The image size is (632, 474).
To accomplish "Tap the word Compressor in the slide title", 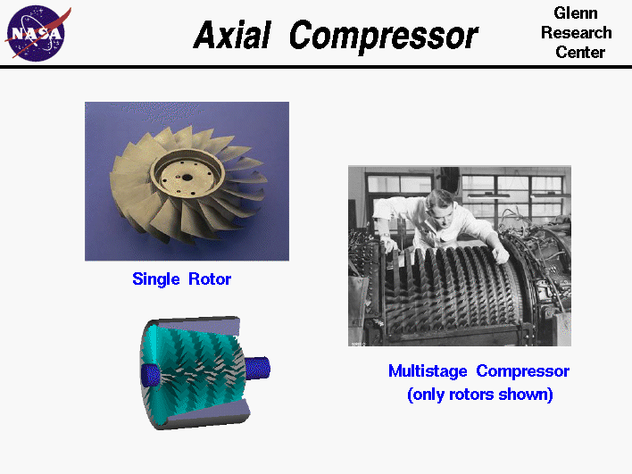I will pos(384,37).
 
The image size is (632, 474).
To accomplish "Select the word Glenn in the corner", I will pos(576,14).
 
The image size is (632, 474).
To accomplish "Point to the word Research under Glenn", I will pos(576,33).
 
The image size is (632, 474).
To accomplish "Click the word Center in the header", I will pos(579,52).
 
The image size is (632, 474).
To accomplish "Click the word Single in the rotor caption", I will pos(156,279).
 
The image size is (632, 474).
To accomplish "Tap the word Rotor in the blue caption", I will pos(209,279).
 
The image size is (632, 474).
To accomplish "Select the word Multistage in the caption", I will pos(428,371).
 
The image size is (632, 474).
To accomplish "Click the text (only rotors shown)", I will pos(479,394).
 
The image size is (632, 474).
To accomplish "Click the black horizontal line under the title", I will pos(316,67).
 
